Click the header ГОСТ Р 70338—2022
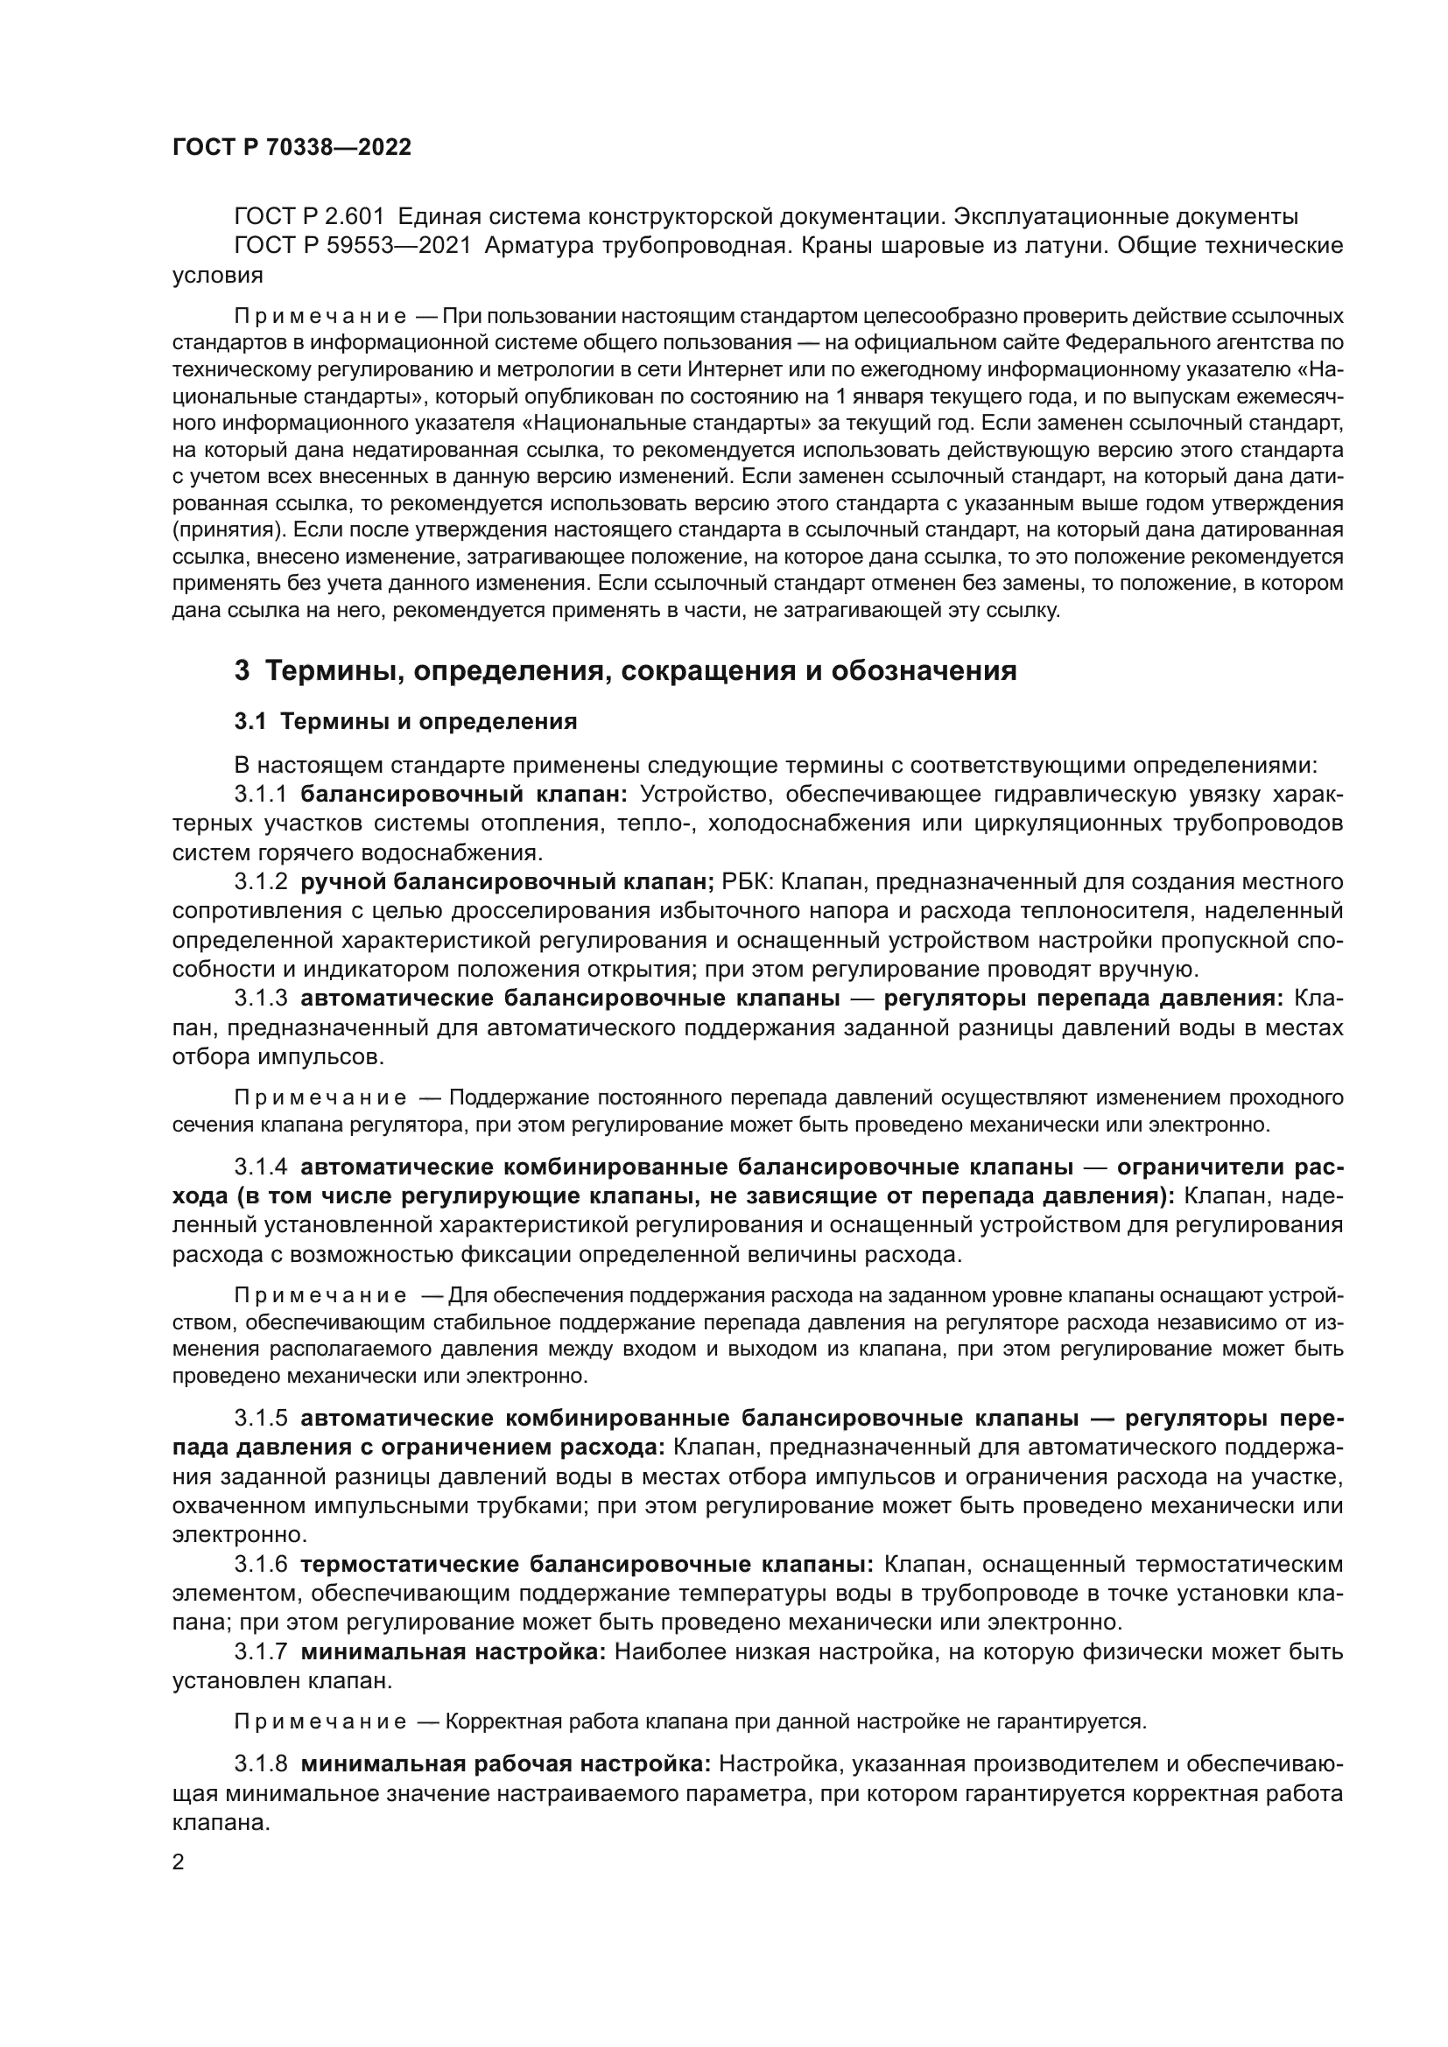(292, 147)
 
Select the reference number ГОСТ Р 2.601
(308, 217)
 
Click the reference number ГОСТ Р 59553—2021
(352, 246)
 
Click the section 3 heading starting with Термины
(624, 669)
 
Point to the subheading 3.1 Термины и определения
(405, 721)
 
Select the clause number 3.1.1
(261, 795)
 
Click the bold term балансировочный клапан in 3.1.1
(465, 795)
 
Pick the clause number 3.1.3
(261, 999)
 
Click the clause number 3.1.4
(261, 1168)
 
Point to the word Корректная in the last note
(496, 1721)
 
